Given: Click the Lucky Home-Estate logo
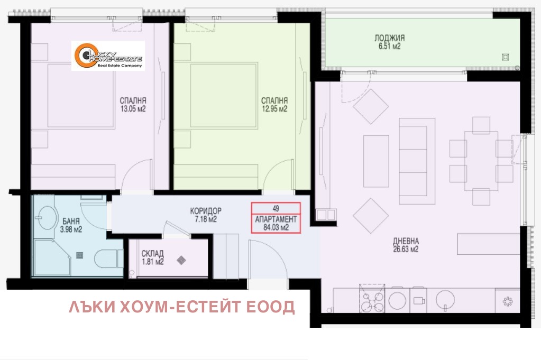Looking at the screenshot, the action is pyautogui.click(x=108, y=56).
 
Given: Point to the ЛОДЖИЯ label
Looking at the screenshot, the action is pyautogui.click(x=390, y=38).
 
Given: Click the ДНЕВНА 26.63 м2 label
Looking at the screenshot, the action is pyautogui.click(x=406, y=245).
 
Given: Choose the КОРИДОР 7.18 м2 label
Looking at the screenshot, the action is pyautogui.click(x=206, y=215).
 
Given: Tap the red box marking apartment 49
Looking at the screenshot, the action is pyautogui.click(x=276, y=218).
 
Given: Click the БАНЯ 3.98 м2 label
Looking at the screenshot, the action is pyautogui.click(x=71, y=225).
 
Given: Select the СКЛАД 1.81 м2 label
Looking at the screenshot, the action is pyautogui.click(x=152, y=257).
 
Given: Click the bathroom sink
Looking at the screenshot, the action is pyautogui.click(x=47, y=218).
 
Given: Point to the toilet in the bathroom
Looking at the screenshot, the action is pyautogui.click(x=106, y=259).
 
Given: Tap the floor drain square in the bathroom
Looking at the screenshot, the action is pyautogui.click(x=80, y=255).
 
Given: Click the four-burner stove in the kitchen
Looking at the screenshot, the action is pyautogui.click(x=372, y=298).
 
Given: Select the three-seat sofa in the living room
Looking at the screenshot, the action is pyautogui.click(x=417, y=161).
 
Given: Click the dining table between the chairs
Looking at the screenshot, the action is pyautogui.click(x=481, y=161).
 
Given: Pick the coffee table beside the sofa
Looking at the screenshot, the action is pyautogui.click(x=376, y=161).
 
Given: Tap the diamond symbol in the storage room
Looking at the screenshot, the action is pyautogui.click(x=181, y=260).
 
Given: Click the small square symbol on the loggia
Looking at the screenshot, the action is pyautogui.click(x=506, y=57).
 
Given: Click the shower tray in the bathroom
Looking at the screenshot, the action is pyautogui.click(x=52, y=257).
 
